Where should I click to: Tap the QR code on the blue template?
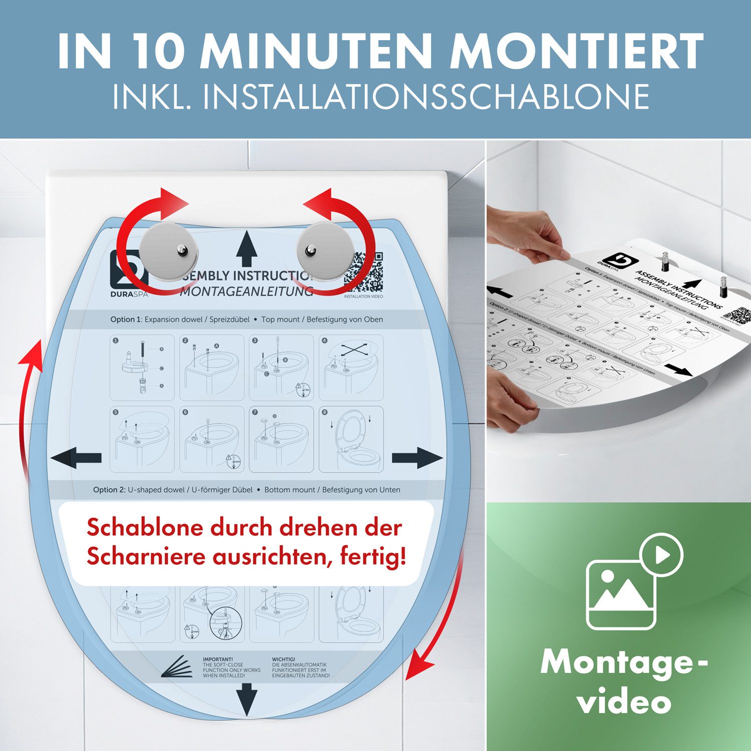click(x=364, y=272)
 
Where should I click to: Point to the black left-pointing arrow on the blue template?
click(x=76, y=458)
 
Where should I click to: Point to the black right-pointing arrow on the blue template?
click(x=417, y=458)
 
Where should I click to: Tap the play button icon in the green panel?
click(x=661, y=555)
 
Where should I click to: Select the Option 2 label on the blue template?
click(x=109, y=490)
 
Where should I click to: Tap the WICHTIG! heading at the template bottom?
click(x=283, y=659)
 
